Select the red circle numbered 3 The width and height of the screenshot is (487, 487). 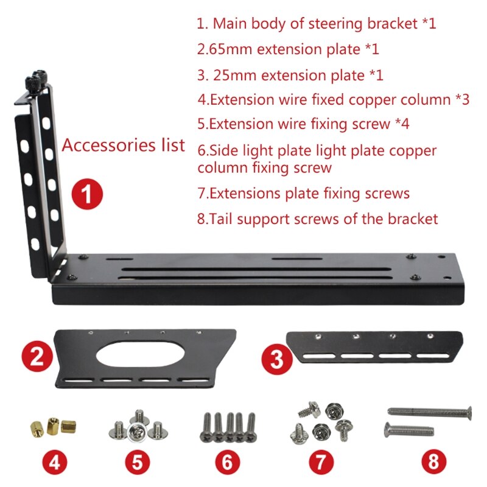coord(276,359)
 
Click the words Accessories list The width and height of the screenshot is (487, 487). coord(124,145)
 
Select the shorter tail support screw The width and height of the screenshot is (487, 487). coord(408,430)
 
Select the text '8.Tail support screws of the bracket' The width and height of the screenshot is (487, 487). coord(317,219)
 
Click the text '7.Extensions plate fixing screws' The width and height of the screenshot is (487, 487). coord(303,194)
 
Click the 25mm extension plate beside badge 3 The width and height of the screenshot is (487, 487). coord(372,346)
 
